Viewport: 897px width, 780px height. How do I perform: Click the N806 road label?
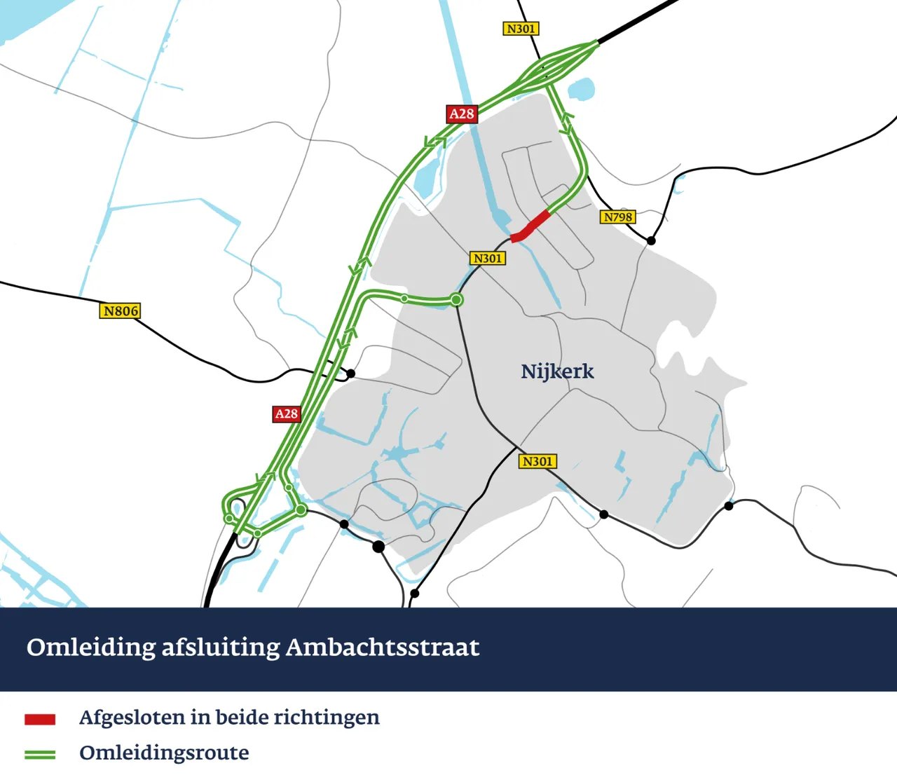121,310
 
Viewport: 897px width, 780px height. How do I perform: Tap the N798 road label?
617,217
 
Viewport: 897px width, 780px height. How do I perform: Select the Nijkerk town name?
557,371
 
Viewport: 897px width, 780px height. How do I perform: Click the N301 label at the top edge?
521,29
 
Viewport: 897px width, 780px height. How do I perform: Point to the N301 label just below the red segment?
488,259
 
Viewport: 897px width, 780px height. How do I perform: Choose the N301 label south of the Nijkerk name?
537,461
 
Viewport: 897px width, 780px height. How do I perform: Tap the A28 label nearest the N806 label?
286,414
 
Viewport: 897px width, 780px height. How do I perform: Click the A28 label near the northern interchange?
462,114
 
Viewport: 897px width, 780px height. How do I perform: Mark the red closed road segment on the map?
530,226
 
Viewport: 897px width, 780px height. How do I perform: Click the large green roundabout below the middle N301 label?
456,300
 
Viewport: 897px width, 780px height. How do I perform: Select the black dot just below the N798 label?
651,240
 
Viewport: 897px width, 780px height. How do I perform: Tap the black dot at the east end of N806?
350,374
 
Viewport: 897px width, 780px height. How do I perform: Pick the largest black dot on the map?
378,546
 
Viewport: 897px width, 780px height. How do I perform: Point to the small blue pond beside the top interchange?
581,90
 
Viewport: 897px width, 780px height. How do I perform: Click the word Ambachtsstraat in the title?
382,647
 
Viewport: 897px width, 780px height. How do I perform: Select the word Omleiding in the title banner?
91,647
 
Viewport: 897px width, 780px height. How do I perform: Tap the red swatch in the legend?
40,719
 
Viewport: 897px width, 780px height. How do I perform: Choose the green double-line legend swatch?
40,754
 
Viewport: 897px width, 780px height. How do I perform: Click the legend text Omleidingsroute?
164,753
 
